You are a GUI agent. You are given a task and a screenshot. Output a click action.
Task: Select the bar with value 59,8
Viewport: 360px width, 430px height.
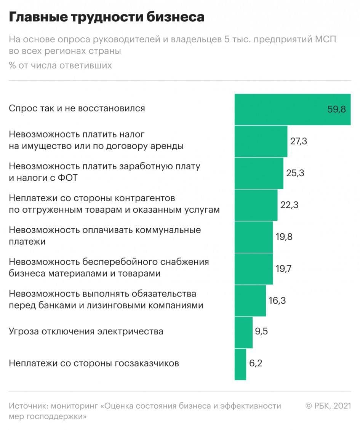pyautogui.click(x=292, y=110)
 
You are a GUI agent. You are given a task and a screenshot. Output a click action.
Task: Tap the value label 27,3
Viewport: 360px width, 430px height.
pyautogui.click(x=299, y=141)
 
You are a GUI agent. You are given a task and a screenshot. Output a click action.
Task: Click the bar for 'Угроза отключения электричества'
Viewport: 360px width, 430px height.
pyautogui.click(x=243, y=332)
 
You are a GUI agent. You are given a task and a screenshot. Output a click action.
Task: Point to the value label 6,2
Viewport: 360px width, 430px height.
pyautogui.click(x=256, y=363)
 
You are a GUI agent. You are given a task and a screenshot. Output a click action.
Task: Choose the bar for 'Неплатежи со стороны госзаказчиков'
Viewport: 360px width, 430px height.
pyautogui.click(x=240, y=364)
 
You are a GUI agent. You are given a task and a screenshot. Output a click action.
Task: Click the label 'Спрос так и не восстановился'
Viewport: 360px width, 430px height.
pyautogui.click(x=77, y=108)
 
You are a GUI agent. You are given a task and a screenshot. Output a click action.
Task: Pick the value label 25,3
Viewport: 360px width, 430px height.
pyautogui.click(x=295, y=173)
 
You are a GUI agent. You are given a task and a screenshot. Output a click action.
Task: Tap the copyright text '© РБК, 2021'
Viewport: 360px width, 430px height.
pyautogui.click(x=328, y=406)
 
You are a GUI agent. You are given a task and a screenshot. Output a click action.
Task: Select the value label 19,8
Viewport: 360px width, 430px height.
pyautogui.click(x=284, y=237)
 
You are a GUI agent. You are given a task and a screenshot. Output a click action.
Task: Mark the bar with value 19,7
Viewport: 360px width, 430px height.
pyautogui.click(x=254, y=269)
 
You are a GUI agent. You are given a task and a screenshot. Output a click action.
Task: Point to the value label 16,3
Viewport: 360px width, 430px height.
pyautogui.click(x=277, y=301)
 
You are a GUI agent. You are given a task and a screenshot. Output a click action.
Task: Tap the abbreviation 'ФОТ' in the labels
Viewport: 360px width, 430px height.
pyautogui.click(x=68, y=178)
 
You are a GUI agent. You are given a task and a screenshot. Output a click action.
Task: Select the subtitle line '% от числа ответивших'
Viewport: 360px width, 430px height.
pyautogui.click(x=60, y=65)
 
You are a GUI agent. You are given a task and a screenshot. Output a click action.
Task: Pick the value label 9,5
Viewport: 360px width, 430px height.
pyautogui.click(x=261, y=331)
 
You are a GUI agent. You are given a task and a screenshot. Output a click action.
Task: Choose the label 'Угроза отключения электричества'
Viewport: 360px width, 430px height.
pyautogui.click(x=86, y=331)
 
